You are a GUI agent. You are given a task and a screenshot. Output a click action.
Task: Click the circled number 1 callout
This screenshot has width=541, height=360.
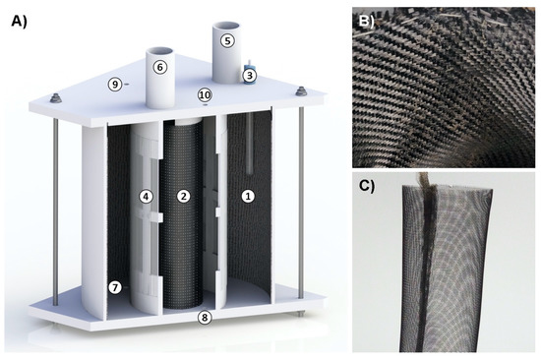[248, 197]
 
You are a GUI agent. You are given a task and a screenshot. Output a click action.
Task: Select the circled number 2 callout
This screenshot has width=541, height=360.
[184, 197]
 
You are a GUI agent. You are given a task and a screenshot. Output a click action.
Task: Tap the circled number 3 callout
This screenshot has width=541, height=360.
[250, 76]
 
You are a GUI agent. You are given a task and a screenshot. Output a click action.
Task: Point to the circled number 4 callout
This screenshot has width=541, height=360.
[146, 197]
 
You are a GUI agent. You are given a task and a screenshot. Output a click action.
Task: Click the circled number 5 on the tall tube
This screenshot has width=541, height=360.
[227, 40]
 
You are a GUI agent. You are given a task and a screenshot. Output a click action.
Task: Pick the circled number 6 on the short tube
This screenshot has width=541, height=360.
[159, 67]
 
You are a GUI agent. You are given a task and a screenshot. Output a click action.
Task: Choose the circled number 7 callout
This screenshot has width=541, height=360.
[115, 287]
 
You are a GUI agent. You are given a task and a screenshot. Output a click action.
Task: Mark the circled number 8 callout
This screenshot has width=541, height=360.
[205, 317]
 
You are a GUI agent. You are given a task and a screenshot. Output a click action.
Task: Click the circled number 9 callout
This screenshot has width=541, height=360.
[115, 85]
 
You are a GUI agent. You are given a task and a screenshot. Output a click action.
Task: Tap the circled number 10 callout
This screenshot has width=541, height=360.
[205, 95]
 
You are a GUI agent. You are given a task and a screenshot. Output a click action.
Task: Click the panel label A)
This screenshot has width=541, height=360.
[19, 22]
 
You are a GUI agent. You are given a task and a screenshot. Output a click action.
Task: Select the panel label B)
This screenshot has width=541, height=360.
[367, 21]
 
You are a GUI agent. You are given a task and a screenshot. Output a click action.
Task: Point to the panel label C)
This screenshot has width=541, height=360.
[367, 185]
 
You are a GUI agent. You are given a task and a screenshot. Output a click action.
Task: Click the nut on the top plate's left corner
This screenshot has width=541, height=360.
[55, 98]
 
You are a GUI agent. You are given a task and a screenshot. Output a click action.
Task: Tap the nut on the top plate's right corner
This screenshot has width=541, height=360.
[302, 91]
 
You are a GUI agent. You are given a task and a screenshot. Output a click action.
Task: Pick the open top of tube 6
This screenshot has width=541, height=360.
[159, 53]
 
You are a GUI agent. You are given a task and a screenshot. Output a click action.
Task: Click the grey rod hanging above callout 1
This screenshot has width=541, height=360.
[250, 144]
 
